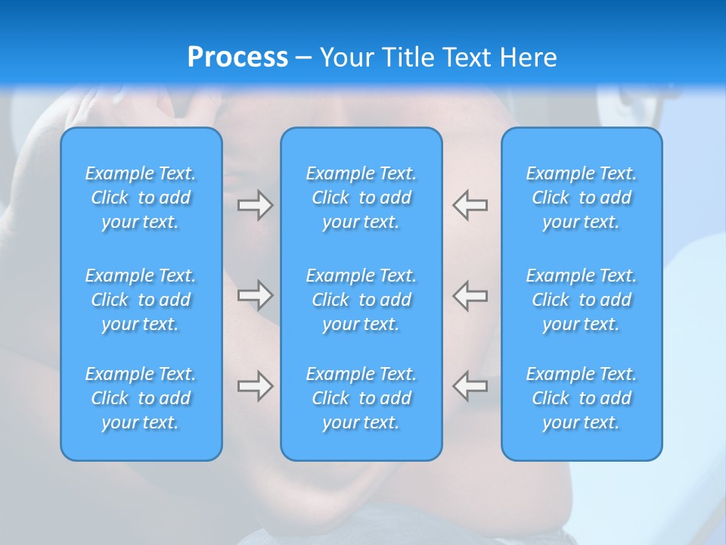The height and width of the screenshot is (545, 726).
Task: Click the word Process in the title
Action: (x=237, y=58)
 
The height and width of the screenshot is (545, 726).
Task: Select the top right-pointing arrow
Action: (x=255, y=205)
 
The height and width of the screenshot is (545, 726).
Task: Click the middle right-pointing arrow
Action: (x=255, y=294)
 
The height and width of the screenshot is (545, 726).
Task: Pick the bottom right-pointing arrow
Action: (x=255, y=386)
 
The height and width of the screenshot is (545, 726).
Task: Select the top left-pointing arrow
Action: (x=470, y=205)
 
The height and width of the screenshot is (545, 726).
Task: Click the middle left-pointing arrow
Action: (x=470, y=294)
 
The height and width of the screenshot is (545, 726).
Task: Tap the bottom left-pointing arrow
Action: (x=470, y=386)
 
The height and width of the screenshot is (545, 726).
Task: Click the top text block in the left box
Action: (x=141, y=198)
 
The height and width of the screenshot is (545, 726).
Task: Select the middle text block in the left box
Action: (x=141, y=300)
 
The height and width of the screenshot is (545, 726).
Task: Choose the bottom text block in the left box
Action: (x=141, y=398)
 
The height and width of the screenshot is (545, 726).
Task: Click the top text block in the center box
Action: (x=361, y=198)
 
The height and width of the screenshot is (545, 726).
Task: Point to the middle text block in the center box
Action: (x=361, y=300)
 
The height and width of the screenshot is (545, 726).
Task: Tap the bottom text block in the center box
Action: (x=361, y=398)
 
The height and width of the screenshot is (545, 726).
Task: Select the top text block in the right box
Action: (x=582, y=198)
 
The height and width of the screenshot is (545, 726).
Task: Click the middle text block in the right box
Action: (x=582, y=300)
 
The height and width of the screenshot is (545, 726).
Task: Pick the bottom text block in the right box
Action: (x=582, y=398)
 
